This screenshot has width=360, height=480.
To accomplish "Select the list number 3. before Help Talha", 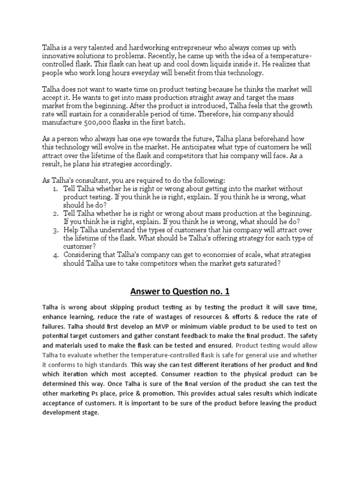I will (55, 230).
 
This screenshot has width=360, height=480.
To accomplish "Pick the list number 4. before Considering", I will (55, 255).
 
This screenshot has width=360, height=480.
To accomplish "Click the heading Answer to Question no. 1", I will (180, 292).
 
